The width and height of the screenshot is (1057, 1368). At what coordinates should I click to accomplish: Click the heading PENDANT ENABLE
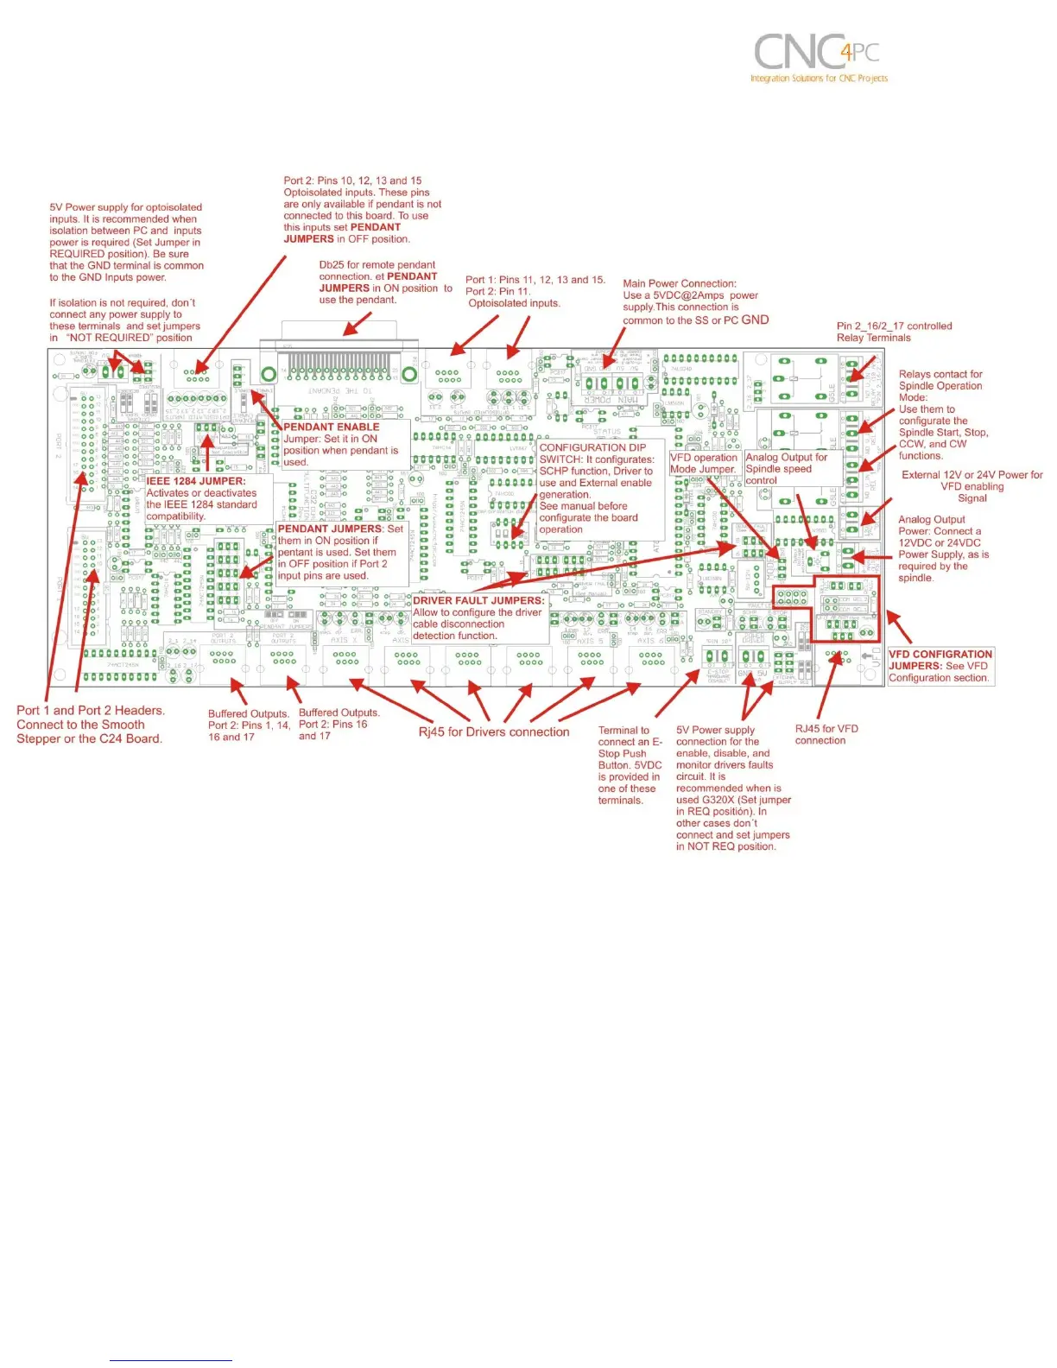coord(332,427)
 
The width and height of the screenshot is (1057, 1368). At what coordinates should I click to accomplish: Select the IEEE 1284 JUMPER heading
coord(196,481)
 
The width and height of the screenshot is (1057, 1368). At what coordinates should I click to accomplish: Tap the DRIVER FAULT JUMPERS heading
coord(478,600)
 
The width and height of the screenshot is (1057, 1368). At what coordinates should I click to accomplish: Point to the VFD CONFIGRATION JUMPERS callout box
coord(940,666)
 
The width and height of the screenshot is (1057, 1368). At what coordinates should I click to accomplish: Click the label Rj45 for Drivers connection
coord(494,732)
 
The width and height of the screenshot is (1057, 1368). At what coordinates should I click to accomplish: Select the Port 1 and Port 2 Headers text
coord(90,724)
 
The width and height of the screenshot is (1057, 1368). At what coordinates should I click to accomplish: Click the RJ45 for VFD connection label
coord(826,734)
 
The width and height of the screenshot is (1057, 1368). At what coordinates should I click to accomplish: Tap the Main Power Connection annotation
coord(691,301)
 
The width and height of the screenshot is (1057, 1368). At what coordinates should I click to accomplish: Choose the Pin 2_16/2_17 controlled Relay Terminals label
coord(894,332)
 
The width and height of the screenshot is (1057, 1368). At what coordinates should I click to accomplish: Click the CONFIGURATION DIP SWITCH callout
coord(596,488)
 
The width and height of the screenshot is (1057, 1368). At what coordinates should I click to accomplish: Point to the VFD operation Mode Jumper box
coord(704,463)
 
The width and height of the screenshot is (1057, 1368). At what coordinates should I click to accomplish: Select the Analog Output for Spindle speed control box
coord(786,468)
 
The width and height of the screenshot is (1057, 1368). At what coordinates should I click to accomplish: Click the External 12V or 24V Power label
coord(972,486)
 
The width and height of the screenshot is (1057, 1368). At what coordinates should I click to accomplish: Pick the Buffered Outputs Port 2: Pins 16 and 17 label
coord(339,725)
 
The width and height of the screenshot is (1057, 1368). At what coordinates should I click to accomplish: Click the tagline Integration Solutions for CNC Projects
coord(819,79)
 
